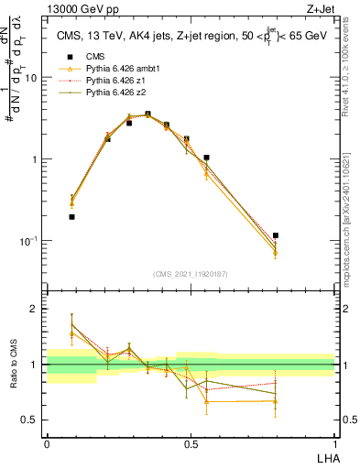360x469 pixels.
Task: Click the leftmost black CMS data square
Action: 71,217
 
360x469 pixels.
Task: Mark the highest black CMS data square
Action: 147,115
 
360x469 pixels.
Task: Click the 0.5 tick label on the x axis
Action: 191,443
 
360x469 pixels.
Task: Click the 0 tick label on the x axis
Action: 47,443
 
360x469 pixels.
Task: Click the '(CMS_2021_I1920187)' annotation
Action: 191,274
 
